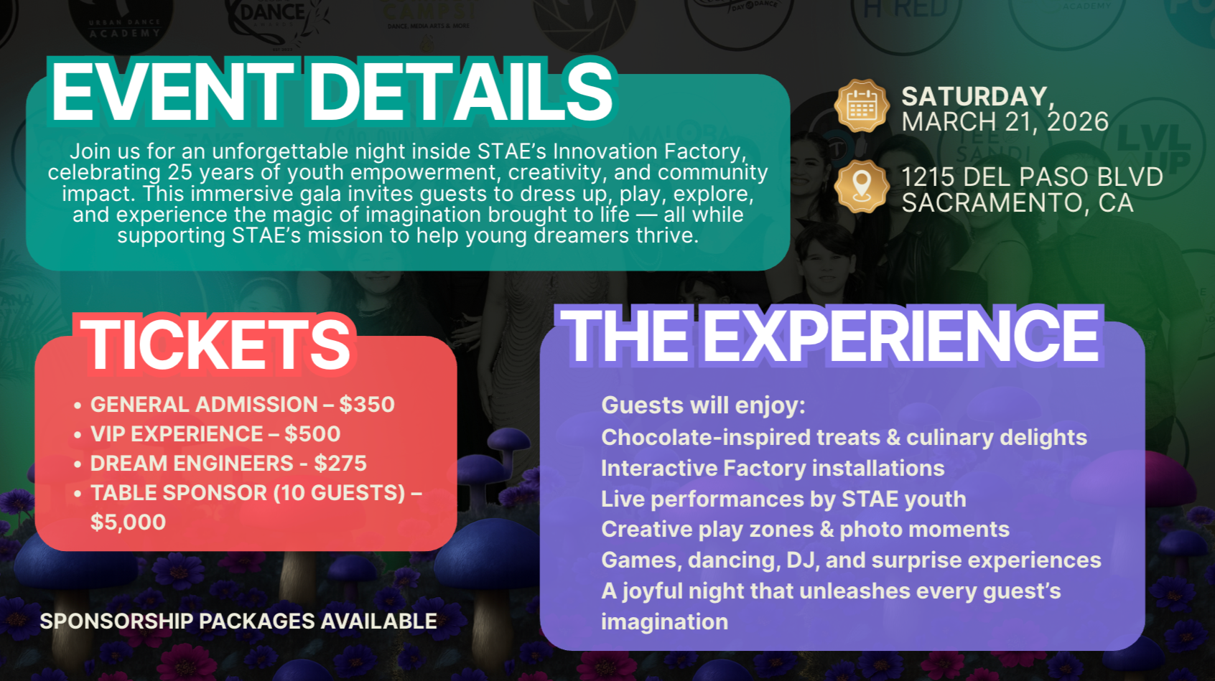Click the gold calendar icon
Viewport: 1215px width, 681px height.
click(x=862, y=106)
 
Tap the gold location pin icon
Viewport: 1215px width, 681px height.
click(x=862, y=186)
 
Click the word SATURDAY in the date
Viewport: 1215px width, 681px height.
click(x=975, y=96)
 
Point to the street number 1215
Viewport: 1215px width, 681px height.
click(x=928, y=177)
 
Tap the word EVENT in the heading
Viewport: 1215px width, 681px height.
click(x=172, y=93)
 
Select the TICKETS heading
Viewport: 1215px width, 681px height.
click(x=216, y=345)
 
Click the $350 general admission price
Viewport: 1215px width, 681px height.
click(x=367, y=405)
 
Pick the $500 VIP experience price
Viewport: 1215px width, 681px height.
click(x=312, y=434)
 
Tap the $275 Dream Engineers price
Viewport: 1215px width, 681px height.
click(x=340, y=464)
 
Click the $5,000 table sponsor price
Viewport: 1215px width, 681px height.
click(x=128, y=522)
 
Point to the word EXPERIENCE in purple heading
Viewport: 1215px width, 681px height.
click(x=900, y=336)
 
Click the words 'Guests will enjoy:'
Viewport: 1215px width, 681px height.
click(x=703, y=405)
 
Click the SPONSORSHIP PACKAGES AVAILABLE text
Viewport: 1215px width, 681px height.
click(x=238, y=621)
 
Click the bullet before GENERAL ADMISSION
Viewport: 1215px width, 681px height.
click(x=78, y=405)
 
